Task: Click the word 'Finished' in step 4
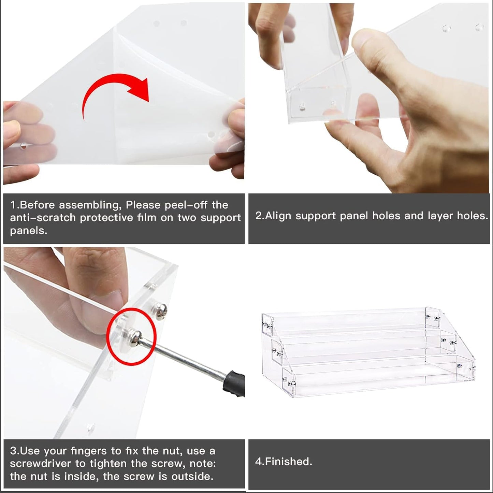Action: pyautogui.click(x=288, y=461)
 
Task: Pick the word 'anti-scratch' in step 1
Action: pyautogui.click(x=43, y=218)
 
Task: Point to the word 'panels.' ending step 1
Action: pyautogui.click(x=28, y=231)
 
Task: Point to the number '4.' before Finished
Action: pyautogui.click(x=260, y=461)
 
